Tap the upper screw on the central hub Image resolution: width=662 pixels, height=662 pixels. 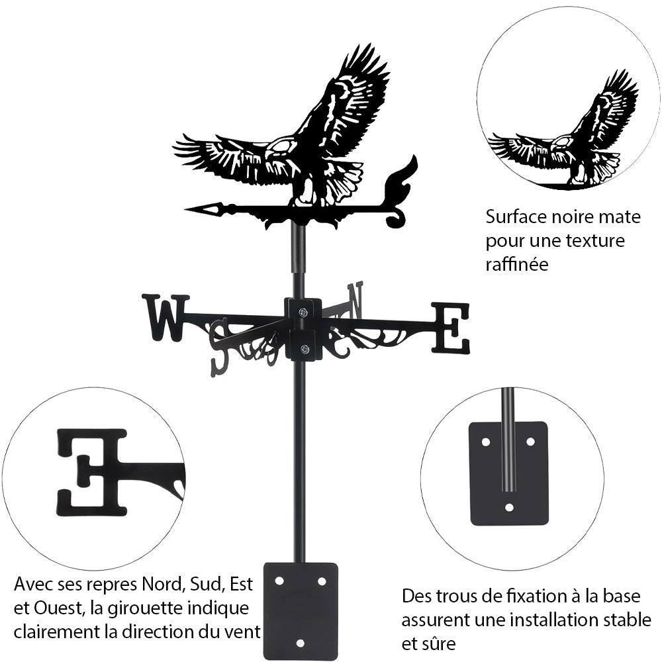[303, 312]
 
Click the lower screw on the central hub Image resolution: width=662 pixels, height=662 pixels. [304, 350]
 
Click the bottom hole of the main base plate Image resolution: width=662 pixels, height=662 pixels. [301, 642]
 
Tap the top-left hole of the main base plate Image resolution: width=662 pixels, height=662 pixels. [279, 581]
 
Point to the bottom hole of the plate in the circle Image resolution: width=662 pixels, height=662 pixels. [508, 508]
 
